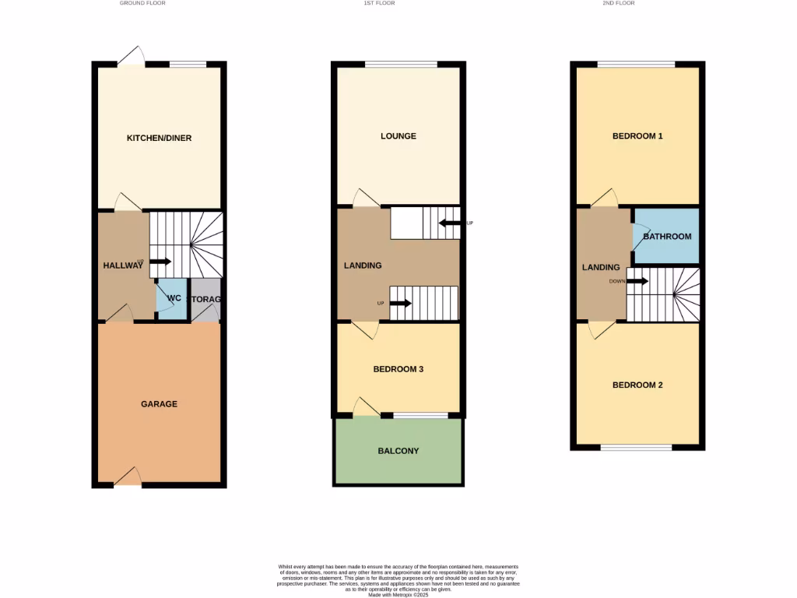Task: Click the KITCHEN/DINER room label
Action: coord(159,139)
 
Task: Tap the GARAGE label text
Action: coord(159,404)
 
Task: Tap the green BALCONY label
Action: coord(398,451)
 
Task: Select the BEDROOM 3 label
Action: coord(398,369)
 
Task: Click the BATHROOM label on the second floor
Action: coord(667,237)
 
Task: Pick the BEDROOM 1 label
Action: coord(637,136)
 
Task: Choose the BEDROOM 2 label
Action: coord(637,385)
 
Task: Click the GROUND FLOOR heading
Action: coord(142,3)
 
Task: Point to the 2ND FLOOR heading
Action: coord(620,3)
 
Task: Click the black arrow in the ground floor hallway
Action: coord(160,262)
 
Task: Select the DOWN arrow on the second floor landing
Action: coord(637,281)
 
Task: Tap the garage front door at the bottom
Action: coord(128,484)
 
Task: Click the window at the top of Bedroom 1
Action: coord(636,64)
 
